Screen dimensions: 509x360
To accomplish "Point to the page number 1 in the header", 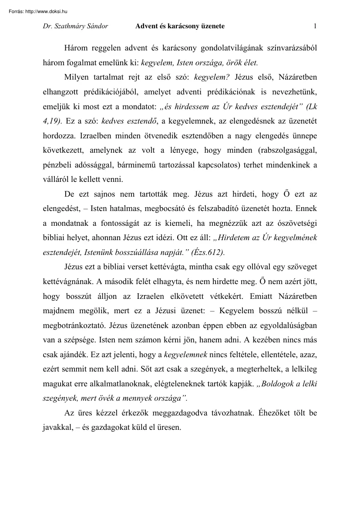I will click(x=315, y=26).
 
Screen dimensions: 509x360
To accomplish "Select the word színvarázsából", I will click(x=292, y=47).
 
